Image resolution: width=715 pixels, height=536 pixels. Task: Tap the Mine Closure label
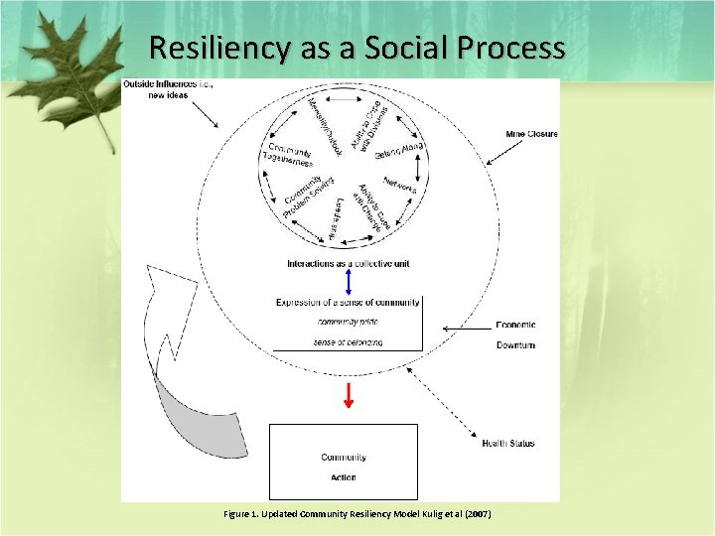pos(531,134)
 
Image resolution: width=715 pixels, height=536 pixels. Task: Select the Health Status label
pos(507,443)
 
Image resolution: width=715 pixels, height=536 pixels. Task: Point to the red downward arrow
pos(348,395)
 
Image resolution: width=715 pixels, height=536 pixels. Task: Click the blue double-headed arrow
pos(348,282)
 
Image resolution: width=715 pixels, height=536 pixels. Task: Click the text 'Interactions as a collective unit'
pos(348,263)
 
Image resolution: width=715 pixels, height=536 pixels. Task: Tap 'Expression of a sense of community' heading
pos(348,302)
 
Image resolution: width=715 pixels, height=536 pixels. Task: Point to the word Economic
pos(515,325)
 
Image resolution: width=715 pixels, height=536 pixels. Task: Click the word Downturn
pos(515,344)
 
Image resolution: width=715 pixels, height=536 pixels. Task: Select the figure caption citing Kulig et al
pos(357,513)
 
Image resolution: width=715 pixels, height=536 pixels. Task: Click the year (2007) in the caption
pos(476,513)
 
